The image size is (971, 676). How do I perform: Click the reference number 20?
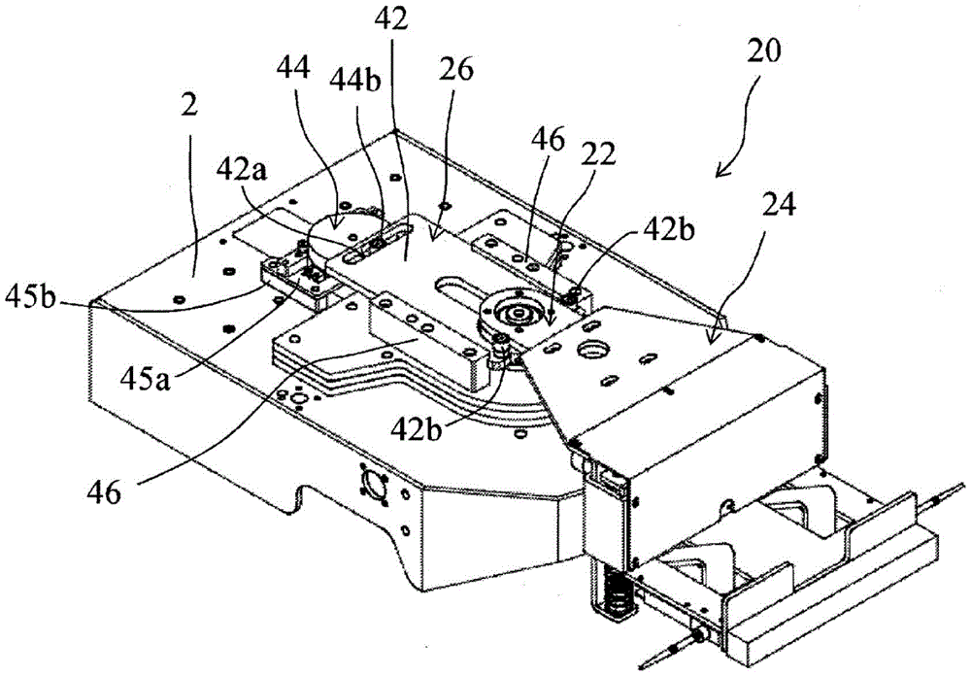[x=763, y=52]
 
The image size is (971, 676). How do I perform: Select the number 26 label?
[x=456, y=69]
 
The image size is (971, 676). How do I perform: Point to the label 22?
[x=598, y=154]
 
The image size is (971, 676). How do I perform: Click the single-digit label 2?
[x=189, y=105]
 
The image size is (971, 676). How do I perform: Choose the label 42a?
[x=242, y=169]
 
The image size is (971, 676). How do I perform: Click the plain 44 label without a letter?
[x=293, y=69]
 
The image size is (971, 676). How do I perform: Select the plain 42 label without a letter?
[x=391, y=18]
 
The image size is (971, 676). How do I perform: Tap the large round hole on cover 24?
[x=592, y=350]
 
